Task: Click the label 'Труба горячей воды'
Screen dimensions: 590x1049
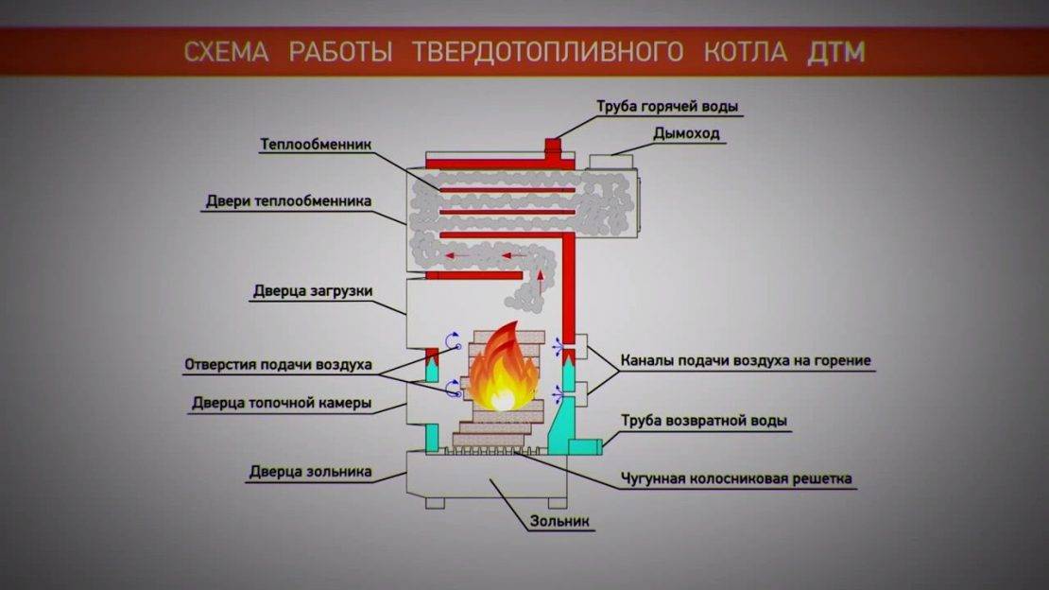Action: click(667, 106)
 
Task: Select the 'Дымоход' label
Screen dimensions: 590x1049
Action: click(686, 133)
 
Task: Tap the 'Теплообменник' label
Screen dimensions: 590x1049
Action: click(317, 145)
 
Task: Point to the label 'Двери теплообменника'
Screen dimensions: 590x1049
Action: click(289, 201)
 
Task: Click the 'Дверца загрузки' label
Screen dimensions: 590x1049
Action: click(313, 290)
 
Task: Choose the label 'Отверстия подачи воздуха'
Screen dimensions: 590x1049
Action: click(279, 364)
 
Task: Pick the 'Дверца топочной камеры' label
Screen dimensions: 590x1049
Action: click(281, 403)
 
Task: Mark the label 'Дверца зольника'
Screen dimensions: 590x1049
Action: click(311, 471)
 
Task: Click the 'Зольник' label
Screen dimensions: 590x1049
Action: click(559, 520)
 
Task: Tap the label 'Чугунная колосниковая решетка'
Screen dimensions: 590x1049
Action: click(736, 478)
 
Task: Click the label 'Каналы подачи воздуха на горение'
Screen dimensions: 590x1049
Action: click(746, 360)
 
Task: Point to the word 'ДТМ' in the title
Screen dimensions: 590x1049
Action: click(836, 51)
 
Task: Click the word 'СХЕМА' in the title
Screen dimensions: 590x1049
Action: click(226, 51)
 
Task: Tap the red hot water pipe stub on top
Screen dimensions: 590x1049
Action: click(553, 147)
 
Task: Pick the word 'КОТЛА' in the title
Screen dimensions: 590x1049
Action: click(745, 51)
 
